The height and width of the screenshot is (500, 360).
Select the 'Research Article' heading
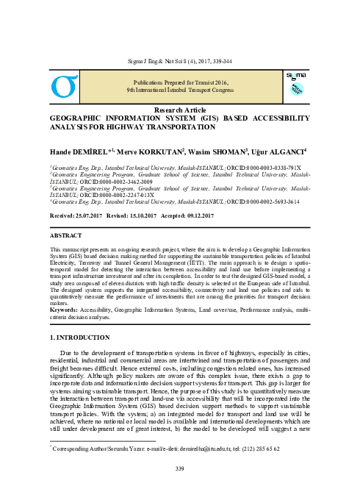179,109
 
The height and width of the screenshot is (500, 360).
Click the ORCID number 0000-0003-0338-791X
261,168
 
